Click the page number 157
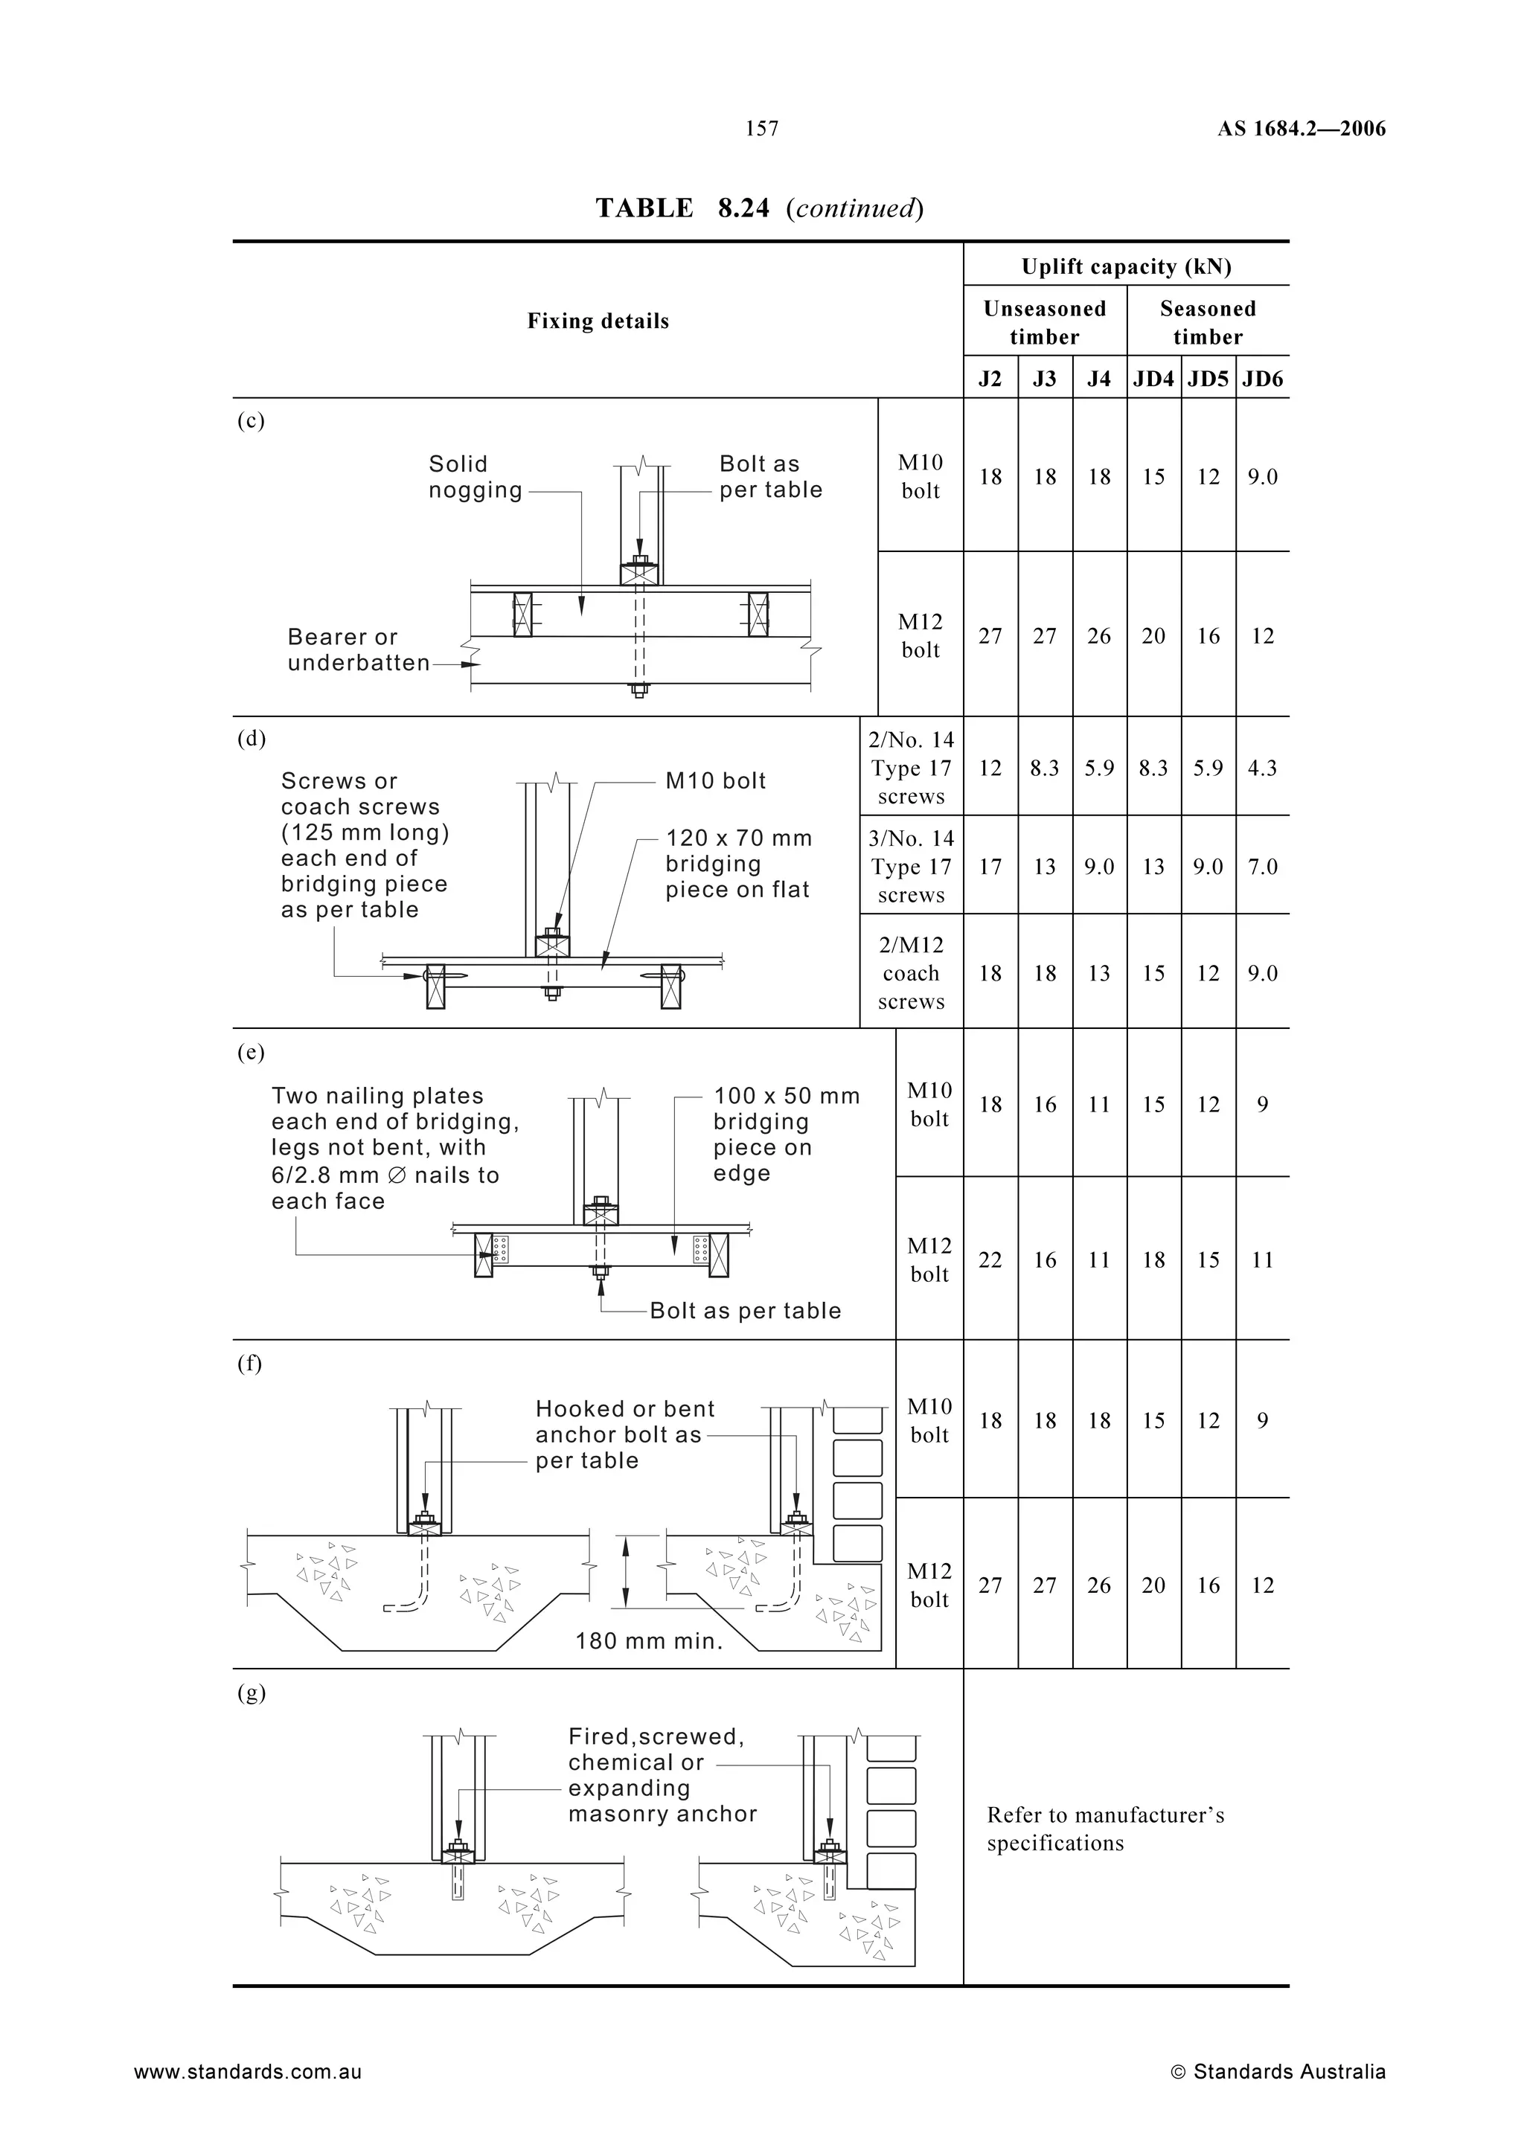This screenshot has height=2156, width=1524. [x=761, y=129]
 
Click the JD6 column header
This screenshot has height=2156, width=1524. [x=1262, y=379]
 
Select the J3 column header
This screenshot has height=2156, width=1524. [x=1044, y=379]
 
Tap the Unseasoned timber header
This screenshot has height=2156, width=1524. [x=1044, y=322]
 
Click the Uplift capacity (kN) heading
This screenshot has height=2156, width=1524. [x=1126, y=266]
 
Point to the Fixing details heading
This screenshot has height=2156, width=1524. [x=598, y=321]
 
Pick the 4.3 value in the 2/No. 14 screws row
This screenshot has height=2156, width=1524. [x=1262, y=768]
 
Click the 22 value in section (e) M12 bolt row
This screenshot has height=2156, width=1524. [x=990, y=1260]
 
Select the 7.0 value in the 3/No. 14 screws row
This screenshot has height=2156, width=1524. [x=1262, y=867]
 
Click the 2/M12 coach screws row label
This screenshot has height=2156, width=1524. [x=911, y=973]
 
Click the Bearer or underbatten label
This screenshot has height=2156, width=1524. [x=358, y=649]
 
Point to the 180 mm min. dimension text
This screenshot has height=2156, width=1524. [x=649, y=1641]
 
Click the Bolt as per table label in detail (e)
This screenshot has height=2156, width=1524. [x=746, y=1311]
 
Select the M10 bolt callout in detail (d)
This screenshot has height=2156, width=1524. [x=716, y=781]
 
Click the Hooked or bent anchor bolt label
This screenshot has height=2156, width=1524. [x=624, y=1435]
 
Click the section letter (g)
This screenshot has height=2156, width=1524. [x=251, y=1693]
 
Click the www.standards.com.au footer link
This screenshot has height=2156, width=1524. [x=247, y=2071]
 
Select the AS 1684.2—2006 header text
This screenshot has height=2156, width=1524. [x=1302, y=129]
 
